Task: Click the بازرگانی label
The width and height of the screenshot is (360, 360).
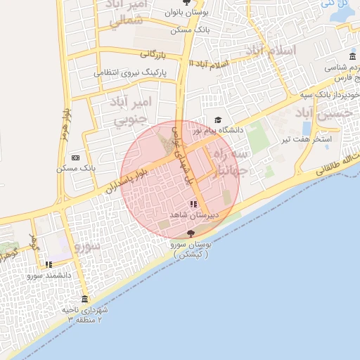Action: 155,53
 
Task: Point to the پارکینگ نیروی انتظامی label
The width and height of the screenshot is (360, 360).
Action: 132,72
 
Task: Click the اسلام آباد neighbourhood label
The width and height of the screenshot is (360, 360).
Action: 271,51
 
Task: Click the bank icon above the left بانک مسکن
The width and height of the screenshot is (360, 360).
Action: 75,158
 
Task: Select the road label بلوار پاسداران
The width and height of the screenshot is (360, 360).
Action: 127,179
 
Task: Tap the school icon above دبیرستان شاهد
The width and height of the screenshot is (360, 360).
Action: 194,204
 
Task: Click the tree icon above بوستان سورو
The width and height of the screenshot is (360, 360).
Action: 191,234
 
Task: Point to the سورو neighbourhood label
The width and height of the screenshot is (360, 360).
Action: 90,247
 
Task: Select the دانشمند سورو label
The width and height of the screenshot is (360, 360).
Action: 49,275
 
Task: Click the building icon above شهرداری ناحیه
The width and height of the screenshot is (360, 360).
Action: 85,300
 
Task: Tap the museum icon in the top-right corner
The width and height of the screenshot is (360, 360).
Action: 353,57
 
